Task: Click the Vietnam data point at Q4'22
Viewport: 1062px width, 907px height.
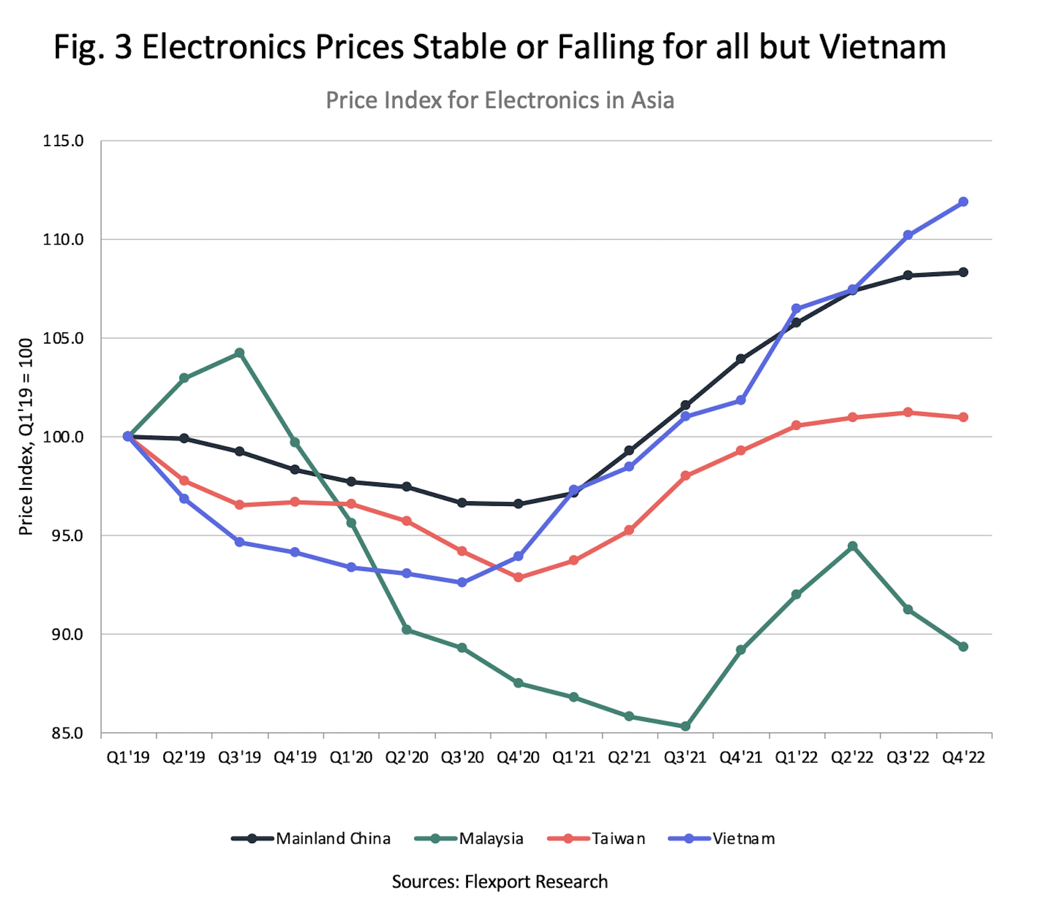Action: pos(963,202)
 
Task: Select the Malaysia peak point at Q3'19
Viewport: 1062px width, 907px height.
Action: pos(239,353)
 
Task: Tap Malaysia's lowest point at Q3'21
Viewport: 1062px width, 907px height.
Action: pos(685,726)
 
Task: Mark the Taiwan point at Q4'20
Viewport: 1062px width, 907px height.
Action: pos(518,577)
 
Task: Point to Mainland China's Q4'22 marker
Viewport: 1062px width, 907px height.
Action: pos(963,272)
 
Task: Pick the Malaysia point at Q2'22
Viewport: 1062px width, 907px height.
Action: pos(852,546)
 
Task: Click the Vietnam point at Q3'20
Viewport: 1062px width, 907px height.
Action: pos(462,582)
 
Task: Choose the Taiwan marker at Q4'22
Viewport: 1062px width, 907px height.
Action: pos(963,417)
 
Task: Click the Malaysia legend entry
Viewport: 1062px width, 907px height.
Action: pos(469,839)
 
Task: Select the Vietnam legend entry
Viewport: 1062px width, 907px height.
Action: pos(722,839)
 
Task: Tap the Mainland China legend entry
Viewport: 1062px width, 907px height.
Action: pos(311,839)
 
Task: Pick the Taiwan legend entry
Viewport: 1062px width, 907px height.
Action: pos(596,839)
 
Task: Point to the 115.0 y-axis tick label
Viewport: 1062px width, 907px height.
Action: pos(63,141)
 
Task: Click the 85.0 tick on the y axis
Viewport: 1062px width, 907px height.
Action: pos(67,733)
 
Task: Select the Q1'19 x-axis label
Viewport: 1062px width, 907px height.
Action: pos(128,757)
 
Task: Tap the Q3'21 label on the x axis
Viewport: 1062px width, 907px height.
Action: pos(685,757)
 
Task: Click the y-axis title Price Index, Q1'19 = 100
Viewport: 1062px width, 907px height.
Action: pos(26,436)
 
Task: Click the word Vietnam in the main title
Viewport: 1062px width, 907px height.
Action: pos(883,47)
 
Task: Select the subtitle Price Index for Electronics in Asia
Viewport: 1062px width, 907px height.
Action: pos(500,100)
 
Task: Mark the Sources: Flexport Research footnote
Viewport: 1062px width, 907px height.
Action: pos(500,882)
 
